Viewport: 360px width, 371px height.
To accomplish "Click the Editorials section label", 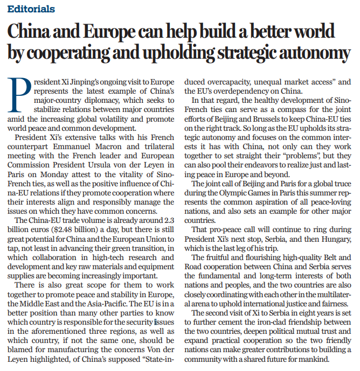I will (x=31, y=9).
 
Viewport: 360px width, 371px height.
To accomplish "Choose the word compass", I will (x=283, y=110).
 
